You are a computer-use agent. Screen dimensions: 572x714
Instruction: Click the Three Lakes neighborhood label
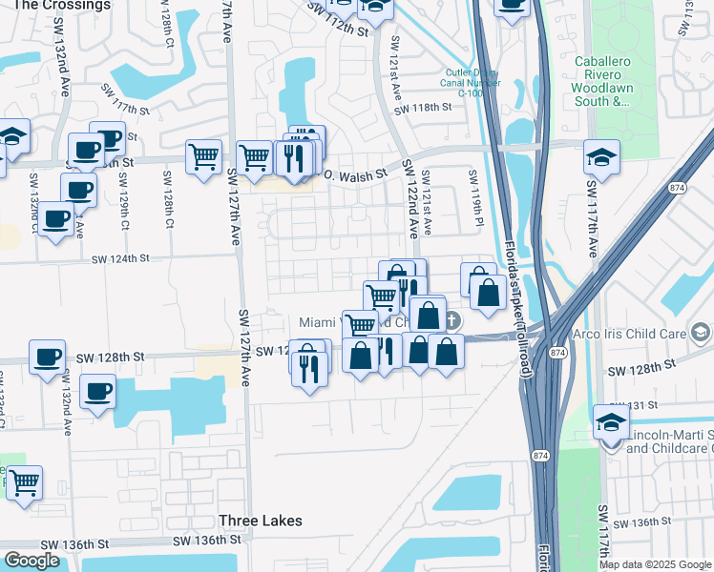point(261,521)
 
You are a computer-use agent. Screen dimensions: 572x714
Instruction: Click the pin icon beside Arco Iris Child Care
point(702,333)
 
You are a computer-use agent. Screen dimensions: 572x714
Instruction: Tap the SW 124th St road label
point(121,258)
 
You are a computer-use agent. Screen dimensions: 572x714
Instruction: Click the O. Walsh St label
point(354,174)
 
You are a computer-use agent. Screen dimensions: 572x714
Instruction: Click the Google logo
point(31,561)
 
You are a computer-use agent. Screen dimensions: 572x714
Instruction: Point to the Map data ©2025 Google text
point(654,564)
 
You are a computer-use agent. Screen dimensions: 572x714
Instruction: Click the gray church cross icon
point(451,320)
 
